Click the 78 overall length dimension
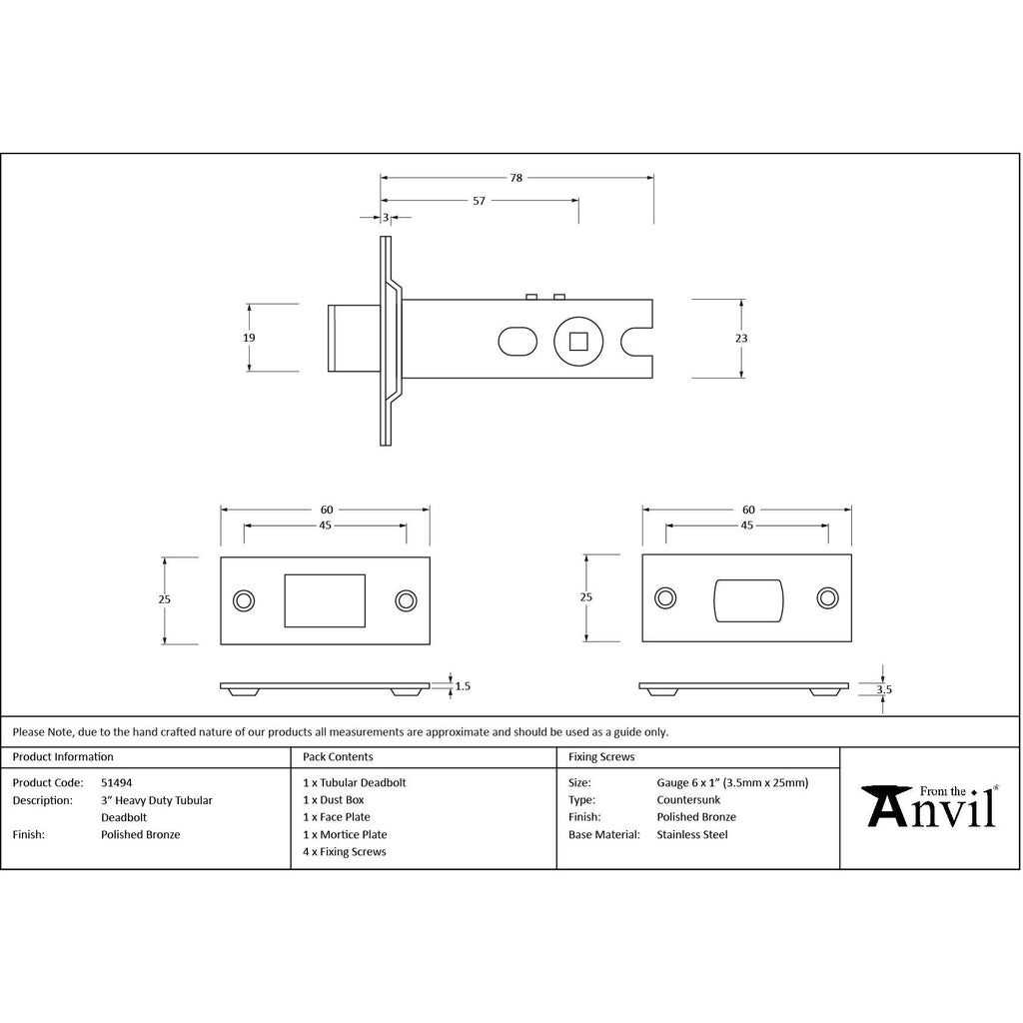click(x=516, y=178)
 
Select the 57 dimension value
click(x=479, y=201)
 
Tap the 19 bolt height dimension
click(x=249, y=338)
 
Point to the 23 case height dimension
click(x=741, y=338)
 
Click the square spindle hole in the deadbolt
click(x=578, y=342)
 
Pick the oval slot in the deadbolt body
click(x=517, y=342)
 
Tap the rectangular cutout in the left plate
click(x=325, y=600)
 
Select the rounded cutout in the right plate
click(x=748, y=600)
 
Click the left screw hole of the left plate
click(x=244, y=600)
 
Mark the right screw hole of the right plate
click(x=828, y=598)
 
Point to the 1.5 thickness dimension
click(x=463, y=685)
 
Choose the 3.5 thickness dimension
click(x=884, y=689)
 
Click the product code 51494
click(x=116, y=782)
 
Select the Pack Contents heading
click(x=338, y=757)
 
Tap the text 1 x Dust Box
click(x=334, y=800)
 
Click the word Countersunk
click(x=688, y=800)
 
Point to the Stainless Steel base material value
click(x=692, y=834)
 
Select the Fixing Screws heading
click(x=601, y=757)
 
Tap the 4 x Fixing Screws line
click(x=345, y=851)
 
